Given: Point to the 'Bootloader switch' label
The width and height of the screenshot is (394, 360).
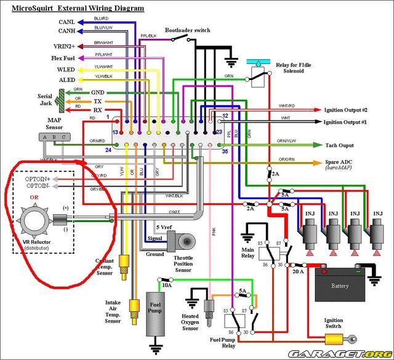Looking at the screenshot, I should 187,30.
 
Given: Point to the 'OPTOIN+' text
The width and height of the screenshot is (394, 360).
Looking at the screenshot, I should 38,178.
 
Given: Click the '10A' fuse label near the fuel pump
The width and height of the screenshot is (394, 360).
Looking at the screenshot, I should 166,285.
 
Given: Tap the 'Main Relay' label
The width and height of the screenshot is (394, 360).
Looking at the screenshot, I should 247,253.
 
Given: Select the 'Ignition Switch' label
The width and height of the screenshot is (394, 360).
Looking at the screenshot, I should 334,324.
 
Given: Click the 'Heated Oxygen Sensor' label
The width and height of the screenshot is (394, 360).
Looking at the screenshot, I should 190,323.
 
